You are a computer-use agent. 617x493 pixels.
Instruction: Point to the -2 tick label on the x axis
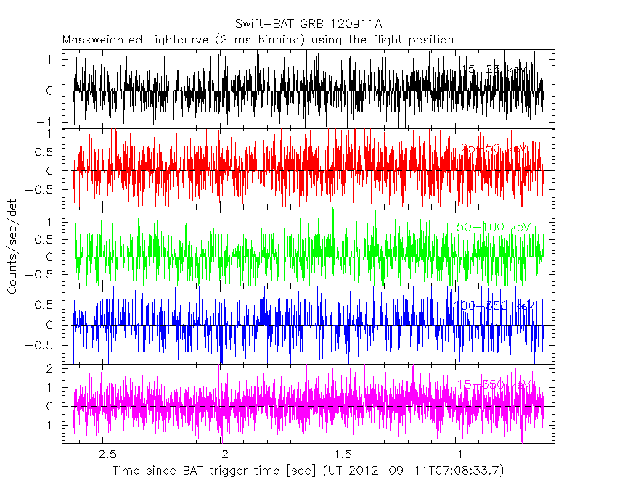[222, 454]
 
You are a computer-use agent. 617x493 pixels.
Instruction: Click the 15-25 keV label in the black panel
[494, 70]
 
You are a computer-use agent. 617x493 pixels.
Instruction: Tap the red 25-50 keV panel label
[493, 149]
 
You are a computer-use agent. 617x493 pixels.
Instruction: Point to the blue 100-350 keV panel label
[494, 306]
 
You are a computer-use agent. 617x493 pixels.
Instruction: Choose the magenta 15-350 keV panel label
[494, 384]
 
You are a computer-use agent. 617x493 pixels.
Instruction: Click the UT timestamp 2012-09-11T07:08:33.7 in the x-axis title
[423, 471]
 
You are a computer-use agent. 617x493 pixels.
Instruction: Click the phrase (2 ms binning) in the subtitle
[262, 40]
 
